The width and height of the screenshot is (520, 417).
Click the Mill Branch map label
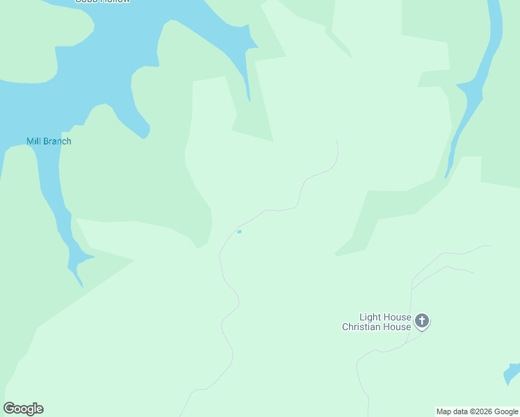[x=49, y=141]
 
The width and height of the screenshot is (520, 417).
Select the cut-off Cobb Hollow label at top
[x=102, y=1]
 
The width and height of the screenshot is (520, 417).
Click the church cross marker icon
[x=421, y=321]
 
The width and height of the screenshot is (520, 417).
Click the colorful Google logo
[x=23, y=409]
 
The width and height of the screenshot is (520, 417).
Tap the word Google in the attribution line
[x=506, y=411]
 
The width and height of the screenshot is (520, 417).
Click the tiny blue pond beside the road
[x=239, y=231]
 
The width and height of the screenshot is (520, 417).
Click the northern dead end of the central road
[x=336, y=140]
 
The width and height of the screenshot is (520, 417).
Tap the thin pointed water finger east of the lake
[x=247, y=87]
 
